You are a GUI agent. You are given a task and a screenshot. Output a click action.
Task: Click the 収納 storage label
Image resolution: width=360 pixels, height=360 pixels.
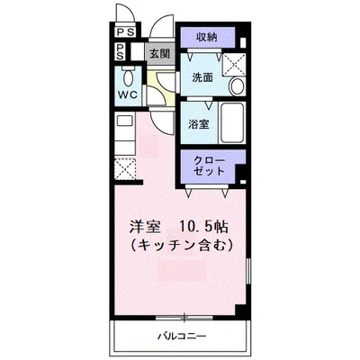[206, 38]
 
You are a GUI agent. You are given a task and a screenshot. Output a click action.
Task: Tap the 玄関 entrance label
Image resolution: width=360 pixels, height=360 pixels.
[158, 55]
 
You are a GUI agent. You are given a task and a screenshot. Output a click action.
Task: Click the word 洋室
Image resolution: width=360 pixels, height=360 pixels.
[145, 225]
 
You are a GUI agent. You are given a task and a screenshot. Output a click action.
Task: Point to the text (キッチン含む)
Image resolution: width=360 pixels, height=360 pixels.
[182, 243]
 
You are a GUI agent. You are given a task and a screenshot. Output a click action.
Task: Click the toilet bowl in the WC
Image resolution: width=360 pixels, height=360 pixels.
[125, 76]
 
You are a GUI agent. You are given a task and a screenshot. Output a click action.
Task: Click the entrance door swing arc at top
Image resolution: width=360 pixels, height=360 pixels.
[163, 27]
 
